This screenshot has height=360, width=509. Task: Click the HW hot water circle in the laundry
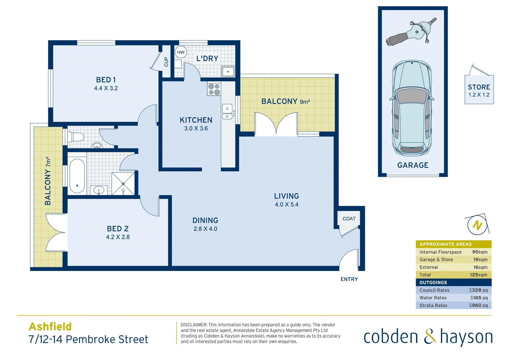coord(181,52)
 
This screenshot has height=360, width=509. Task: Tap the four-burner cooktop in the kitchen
coord(214,89)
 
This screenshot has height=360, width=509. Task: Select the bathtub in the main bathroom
coord(77,176)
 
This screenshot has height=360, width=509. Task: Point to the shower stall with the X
coord(123,183)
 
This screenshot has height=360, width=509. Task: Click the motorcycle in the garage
coord(412,32)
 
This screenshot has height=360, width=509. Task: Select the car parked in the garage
coord(412,108)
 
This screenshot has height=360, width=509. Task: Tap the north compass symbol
coord(477,225)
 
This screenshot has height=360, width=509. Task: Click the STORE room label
coord(479,87)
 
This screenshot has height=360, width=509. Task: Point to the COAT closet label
coord(349,219)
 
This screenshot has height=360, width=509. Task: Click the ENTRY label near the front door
coord(349,279)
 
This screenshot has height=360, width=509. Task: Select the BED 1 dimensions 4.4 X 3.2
coord(106,88)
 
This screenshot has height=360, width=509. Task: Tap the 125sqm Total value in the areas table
coord(478,275)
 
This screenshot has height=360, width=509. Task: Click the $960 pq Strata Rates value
coord(478,305)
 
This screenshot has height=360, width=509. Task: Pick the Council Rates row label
coord(434,290)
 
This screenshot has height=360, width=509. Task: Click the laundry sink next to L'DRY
coord(228,71)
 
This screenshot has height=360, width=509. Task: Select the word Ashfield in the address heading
coord(50,327)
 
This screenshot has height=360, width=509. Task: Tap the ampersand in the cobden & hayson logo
coord(430,336)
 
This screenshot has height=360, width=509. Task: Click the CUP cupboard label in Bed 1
coord(166,62)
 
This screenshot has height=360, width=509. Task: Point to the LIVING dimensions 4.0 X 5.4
coord(286,205)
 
